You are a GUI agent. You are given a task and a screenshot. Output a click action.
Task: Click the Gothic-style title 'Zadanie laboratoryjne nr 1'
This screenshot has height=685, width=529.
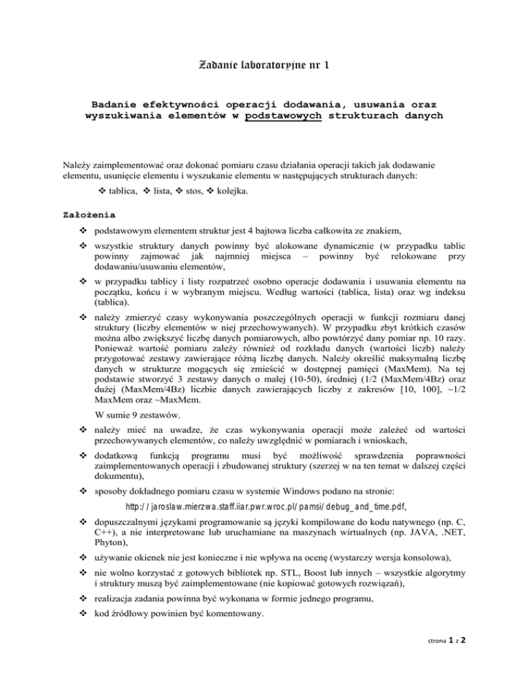click(x=264, y=66)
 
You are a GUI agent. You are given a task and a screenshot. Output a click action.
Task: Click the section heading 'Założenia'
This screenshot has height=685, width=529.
click(x=88, y=214)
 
